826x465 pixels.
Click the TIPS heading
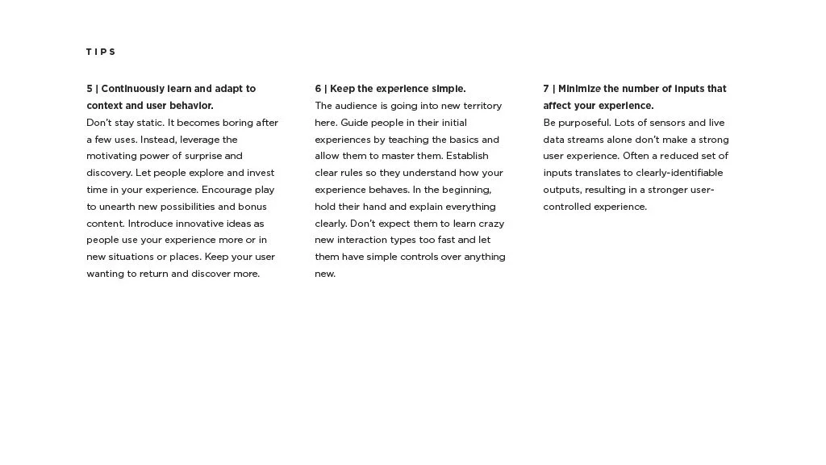[101, 52]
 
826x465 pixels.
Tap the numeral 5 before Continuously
[90, 89]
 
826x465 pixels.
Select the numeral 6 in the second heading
[318, 89]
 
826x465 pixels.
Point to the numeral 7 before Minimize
[546, 89]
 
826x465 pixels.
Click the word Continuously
[132, 89]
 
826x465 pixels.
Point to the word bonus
[252, 207]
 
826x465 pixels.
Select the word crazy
[490, 224]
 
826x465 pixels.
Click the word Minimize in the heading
[579, 89]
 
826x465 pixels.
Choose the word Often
[635, 156]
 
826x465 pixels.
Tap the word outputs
[561, 190]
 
